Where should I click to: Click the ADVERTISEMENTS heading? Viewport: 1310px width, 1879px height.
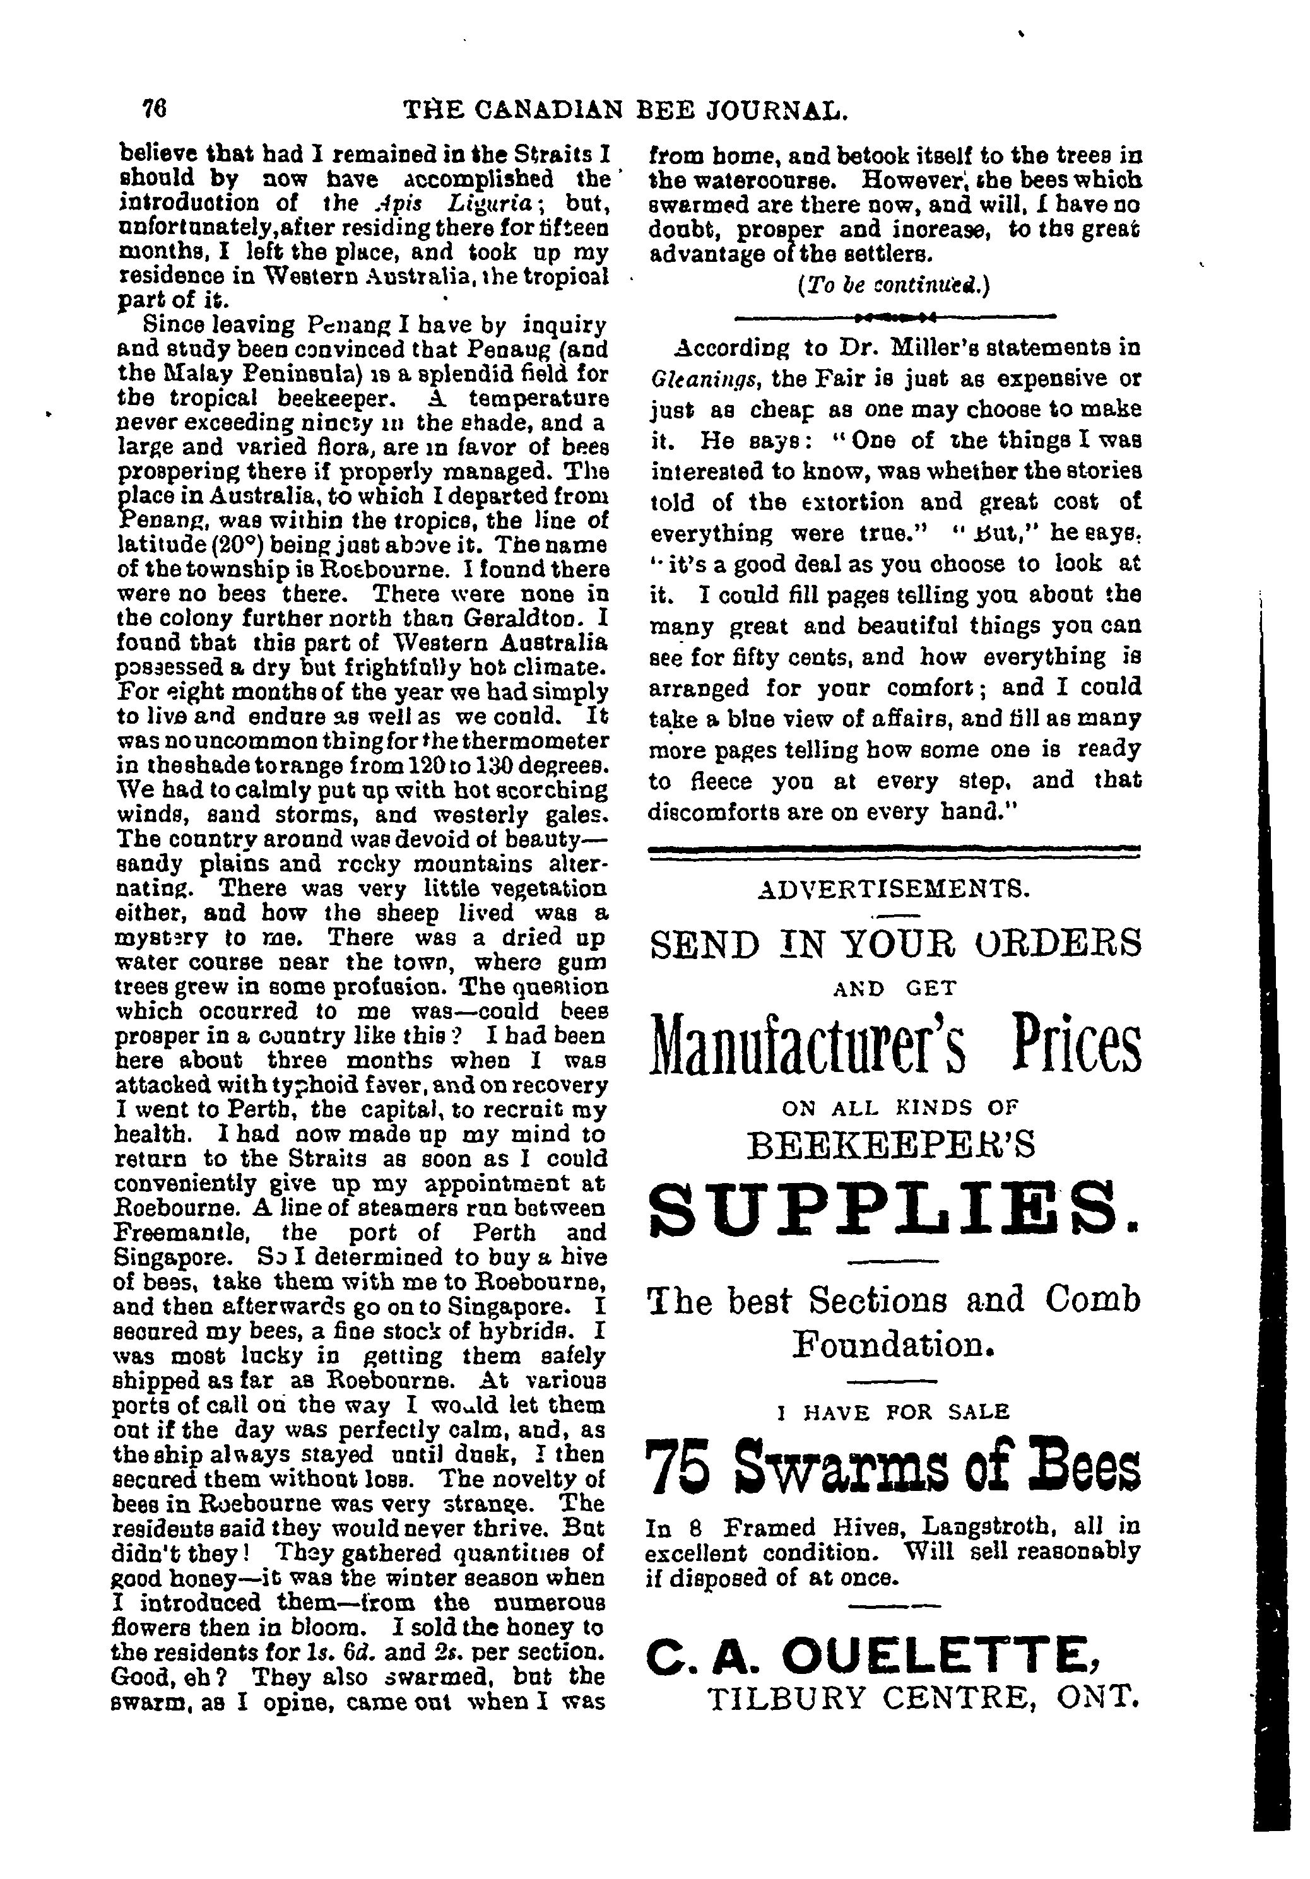click(x=894, y=887)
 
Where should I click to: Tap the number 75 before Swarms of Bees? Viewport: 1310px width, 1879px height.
click(x=683, y=1466)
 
